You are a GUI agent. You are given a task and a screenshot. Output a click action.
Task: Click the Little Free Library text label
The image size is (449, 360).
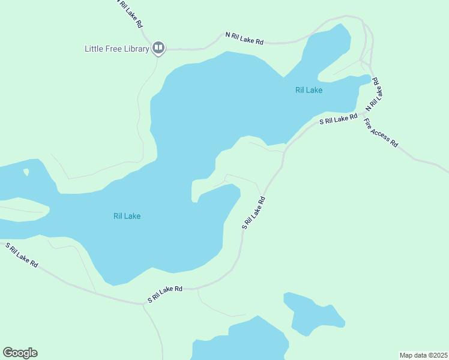tap(116, 49)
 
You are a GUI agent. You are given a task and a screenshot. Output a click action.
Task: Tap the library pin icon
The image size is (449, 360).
tap(158, 47)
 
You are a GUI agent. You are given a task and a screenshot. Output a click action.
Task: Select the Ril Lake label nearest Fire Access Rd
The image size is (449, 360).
tap(309, 91)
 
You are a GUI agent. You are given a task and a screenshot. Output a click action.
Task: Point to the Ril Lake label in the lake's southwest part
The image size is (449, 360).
tap(127, 216)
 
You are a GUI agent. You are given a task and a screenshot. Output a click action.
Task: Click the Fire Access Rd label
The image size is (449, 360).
tap(381, 133)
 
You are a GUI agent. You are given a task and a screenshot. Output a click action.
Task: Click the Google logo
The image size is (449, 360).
tap(20, 353)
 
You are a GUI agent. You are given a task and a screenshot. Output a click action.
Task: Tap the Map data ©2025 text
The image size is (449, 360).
tap(423, 355)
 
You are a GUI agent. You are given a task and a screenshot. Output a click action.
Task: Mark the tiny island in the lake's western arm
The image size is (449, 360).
tap(26, 172)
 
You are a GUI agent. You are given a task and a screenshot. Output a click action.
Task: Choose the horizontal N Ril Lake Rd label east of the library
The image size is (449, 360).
tap(244, 38)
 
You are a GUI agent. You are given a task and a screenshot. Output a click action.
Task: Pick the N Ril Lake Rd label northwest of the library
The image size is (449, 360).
tap(130, 14)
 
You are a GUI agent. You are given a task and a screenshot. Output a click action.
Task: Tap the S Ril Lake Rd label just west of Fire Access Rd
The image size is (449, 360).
tap(339, 119)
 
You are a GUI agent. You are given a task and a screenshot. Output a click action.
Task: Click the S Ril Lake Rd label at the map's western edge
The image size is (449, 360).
tap(22, 255)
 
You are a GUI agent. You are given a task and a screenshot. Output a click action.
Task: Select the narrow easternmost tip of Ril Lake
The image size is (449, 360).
tap(366, 79)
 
